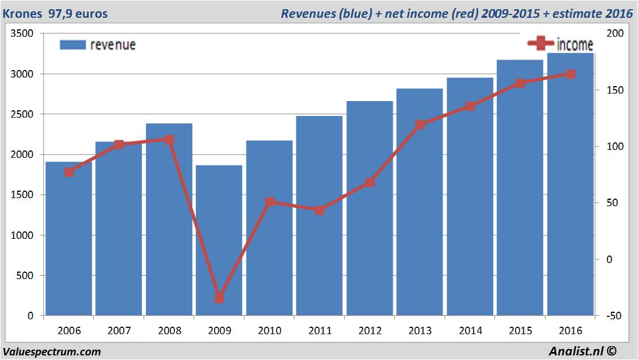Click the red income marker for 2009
pyautogui.click(x=219, y=298)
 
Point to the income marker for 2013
pyautogui.click(x=420, y=125)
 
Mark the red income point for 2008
pyautogui.click(x=169, y=140)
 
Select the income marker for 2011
pyautogui.click(x=319, y=210)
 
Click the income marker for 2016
pyautogui.click(x=570, y=74)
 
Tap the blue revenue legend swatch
pyautogui.click(x=72, y=45)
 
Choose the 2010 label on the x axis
pyautogui.click(x=269, y=331)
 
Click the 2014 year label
pyautogui.click(x=470, y=331)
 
